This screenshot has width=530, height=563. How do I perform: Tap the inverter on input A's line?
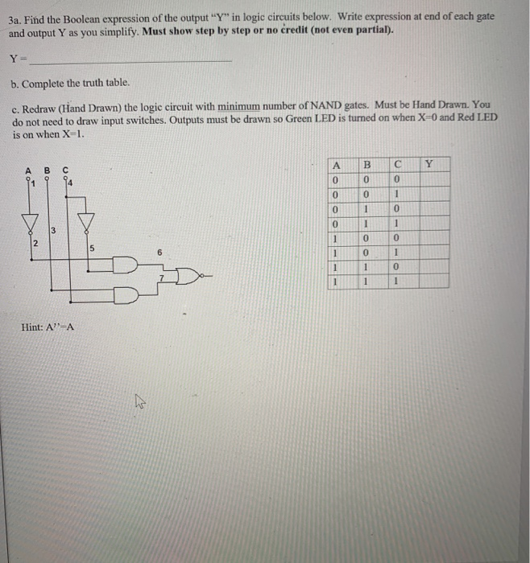coord(32,219)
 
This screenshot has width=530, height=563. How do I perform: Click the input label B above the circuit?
coord(47,170)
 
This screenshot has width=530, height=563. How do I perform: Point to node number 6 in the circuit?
coord(159,252)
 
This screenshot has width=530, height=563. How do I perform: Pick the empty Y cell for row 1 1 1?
coord(429,281)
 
